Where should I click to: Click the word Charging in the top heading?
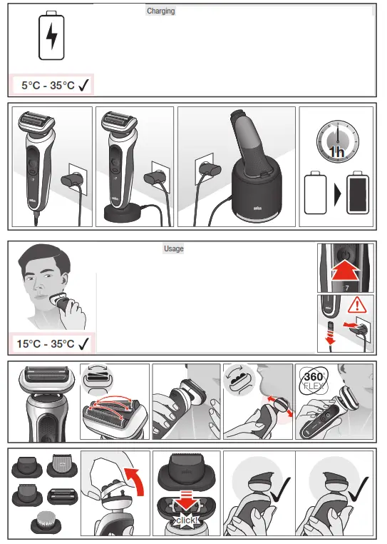coord(160,11)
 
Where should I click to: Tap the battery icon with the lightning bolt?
coord(51,37)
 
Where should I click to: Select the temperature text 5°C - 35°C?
coord(48,85)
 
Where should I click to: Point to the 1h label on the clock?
coord(336,152)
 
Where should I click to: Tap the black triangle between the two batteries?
coord(335,193)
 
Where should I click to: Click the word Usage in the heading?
coord(173,248)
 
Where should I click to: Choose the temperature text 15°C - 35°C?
coord(46,343)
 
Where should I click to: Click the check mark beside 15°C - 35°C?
coord(84,343)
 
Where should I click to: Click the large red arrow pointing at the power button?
coord(345,270)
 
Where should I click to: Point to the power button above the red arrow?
coord(346,253)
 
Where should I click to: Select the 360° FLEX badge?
coord(313,383)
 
